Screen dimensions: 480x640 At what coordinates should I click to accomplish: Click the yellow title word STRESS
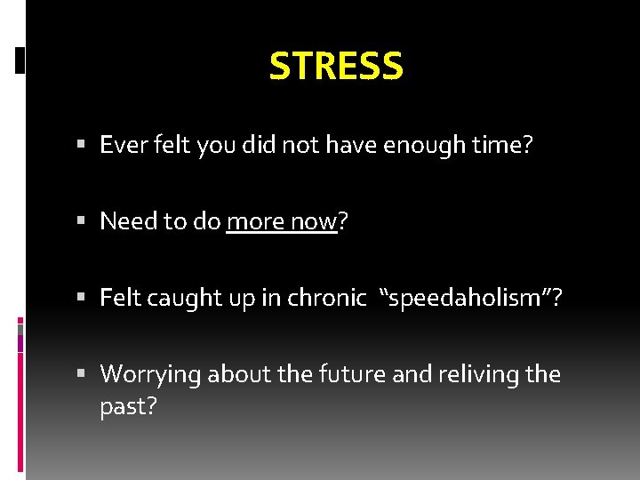[336, 66]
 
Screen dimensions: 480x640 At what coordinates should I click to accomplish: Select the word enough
[424, 145]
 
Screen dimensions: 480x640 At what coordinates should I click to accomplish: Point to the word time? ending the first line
[502, 145]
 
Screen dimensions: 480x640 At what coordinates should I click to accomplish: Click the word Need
[124, 221]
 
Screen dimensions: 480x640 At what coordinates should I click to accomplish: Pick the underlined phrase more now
[282, 221]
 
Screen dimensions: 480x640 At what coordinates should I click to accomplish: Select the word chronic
[326, 298]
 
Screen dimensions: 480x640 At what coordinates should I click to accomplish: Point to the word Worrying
[150, 374]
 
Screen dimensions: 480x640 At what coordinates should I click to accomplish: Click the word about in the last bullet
[233, 374]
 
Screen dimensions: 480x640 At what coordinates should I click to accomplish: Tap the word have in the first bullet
[354, 145]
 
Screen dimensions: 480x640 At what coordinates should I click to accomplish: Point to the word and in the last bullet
[411, 374]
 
